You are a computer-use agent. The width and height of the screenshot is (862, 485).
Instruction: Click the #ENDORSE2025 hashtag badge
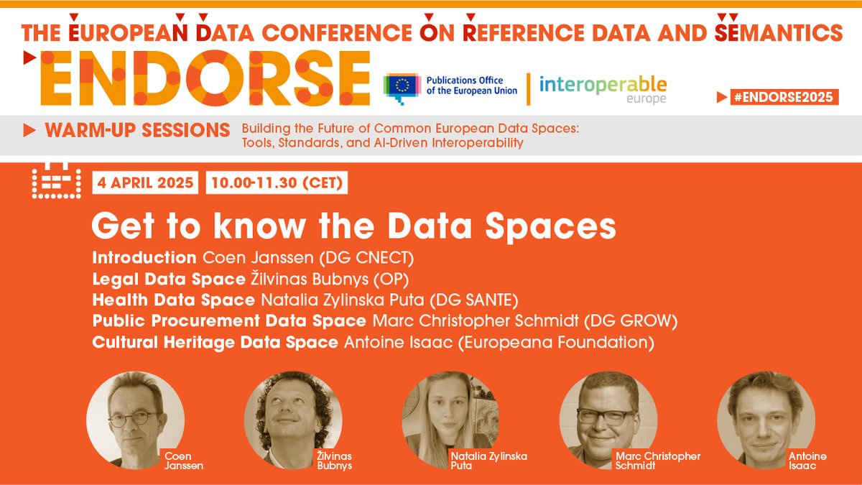click(784, 97)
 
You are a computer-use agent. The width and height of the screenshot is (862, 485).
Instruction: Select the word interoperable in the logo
click(603, 84)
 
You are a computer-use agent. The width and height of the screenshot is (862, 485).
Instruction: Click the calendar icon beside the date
click(55, 183)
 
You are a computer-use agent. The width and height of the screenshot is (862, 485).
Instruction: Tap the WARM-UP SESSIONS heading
click(136, 131)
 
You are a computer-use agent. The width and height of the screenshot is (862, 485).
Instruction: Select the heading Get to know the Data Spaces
click(353, 226)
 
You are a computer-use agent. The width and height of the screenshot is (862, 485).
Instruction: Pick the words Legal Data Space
click(168, 279)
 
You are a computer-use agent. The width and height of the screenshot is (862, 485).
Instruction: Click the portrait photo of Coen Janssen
click(135, 420)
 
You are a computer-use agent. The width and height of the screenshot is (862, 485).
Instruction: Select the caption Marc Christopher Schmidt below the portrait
click(657, 461)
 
